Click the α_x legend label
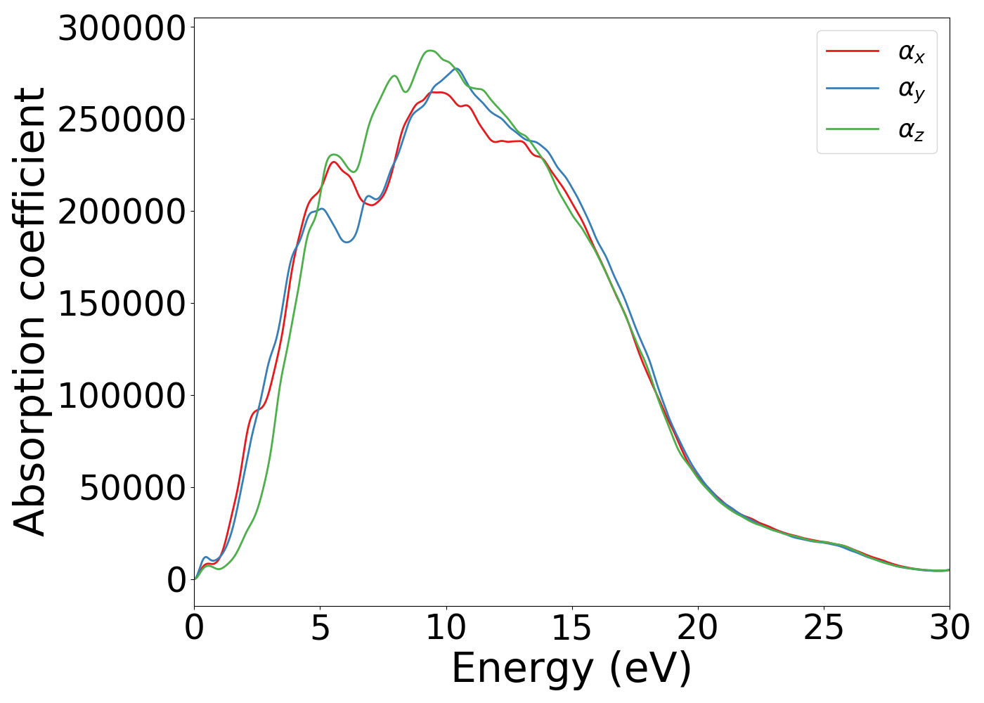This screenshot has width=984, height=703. tap(911, 52)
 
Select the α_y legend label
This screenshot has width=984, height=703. tap(911, 90)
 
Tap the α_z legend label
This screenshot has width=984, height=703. tap(911, 130)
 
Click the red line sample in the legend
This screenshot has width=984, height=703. tap(852, 51)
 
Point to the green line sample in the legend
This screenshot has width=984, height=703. tap(852, 129)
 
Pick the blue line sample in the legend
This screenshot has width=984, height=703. tap(852, 89)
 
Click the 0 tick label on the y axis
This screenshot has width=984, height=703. tap(176, 580)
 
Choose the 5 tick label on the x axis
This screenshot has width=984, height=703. tap(320, 628)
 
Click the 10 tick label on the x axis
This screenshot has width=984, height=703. tap(446, 628)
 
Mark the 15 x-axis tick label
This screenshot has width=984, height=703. tap(571, 628)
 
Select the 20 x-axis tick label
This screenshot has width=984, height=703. tap(697, 628)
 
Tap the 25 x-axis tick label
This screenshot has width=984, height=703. tap(823, 628)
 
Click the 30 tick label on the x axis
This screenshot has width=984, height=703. tap(949, 628)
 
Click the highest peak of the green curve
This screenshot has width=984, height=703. tap(430, 51)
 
